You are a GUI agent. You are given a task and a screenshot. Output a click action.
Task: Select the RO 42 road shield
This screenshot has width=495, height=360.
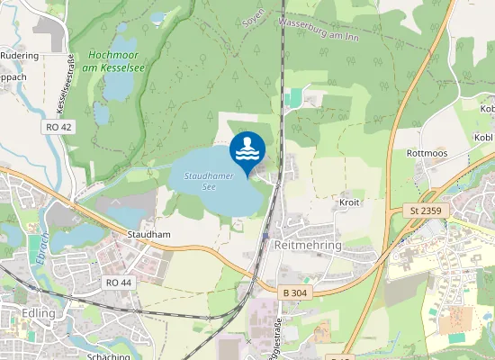pos(57,128)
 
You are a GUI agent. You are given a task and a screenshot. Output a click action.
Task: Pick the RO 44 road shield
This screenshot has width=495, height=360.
pos(118,283)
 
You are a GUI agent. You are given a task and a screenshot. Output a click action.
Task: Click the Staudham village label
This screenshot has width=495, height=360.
pos(148,234)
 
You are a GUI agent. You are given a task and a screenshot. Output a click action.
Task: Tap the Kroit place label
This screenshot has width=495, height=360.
pos(349,202)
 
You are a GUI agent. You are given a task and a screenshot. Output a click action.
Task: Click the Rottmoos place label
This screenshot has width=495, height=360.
pos(427,153)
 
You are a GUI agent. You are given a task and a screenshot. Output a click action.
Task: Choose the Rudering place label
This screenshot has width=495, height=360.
pos(20,55)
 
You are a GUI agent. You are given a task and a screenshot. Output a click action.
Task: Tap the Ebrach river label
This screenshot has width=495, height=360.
pos(40,247)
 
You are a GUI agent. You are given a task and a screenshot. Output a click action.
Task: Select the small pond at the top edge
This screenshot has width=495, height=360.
pos(158,17)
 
